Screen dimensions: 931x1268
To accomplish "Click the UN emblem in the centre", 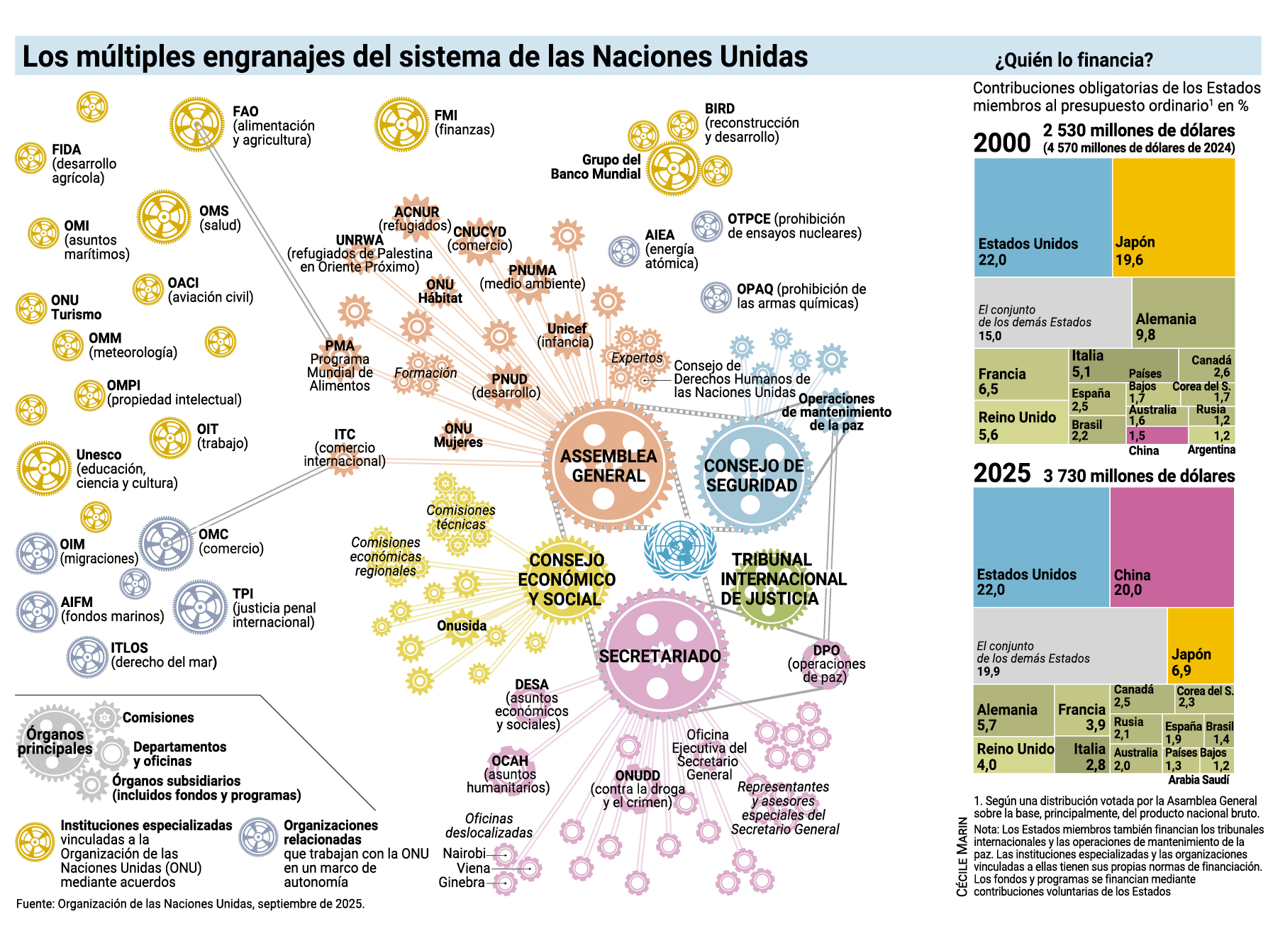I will click(x=679, y=550).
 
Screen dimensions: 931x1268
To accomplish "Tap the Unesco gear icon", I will click(x=44, y=468).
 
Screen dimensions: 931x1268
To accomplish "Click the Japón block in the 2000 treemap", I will click(x=1174, y=217).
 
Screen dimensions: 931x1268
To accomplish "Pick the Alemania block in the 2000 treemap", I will click(x=1183, y=312).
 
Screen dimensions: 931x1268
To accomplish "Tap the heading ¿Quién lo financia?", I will click(x=1074, y=60).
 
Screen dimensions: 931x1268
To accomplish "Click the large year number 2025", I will click(x=1001, y=474).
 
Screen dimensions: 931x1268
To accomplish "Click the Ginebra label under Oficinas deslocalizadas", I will click(x=462, y=883).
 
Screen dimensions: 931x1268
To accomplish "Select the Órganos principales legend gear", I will click(x=55, y=741).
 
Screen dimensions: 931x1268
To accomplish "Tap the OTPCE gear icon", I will click(x=707, y=226).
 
